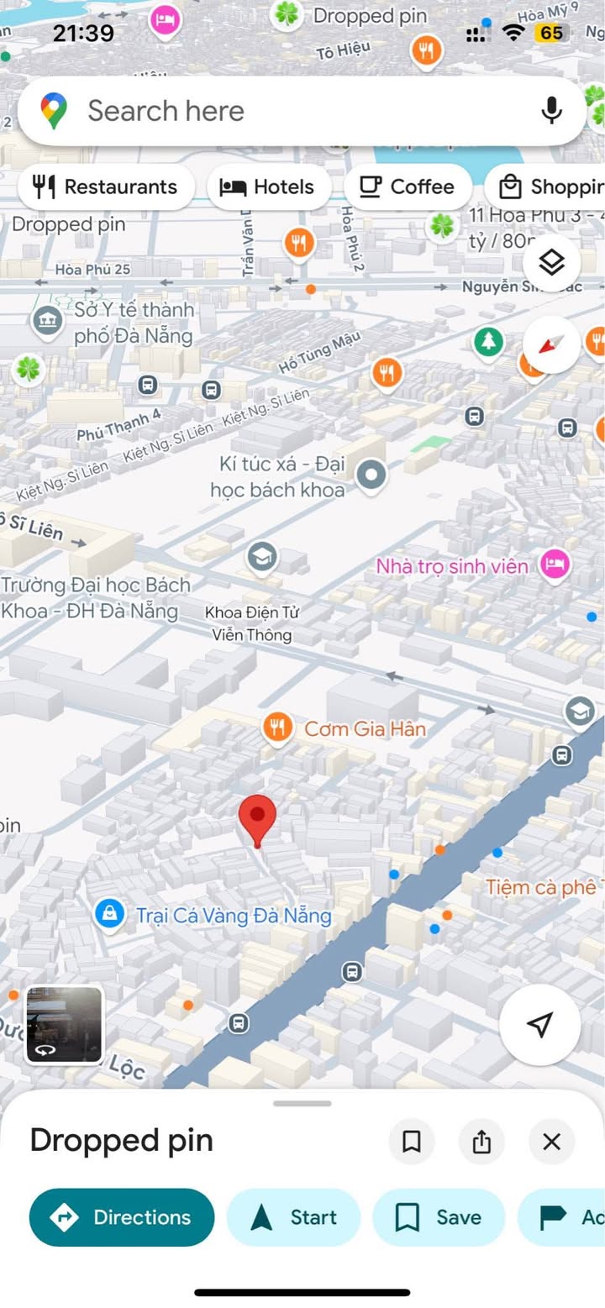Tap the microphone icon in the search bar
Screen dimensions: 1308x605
pyautogui.click(x=551, y=110)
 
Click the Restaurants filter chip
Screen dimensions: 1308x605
pyautogui.click(x=106, y=186)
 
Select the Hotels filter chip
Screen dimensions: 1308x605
pyautogui.click(x=267, y=186)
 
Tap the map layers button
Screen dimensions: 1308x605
pyautogui.click(x=551, y=263)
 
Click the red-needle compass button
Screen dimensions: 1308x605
pyautogui.click(x=551, y=344)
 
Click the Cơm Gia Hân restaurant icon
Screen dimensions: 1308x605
pyautogui.click(x=277, y=728)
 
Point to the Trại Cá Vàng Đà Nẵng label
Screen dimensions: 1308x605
pyautogui.click(x=234, y=915)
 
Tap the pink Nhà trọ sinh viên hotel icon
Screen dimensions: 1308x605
pyautogui.click(x=554, y=565)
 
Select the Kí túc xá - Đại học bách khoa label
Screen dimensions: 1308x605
pyautogui.click(x=277, y=476)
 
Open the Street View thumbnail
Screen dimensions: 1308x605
pyautogui.click(x=64, y=1024)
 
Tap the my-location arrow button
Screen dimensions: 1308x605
pyautogui.click(x=540, y=1024)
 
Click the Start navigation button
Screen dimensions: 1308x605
pyautogui.click(x=294, y=1217)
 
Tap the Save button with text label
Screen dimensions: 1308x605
pyautogui.click(x=439, y=1217)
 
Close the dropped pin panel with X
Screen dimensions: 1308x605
pyautogui.click(x=551, y=1142)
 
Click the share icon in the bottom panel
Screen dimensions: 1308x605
pyautogui.click(x=481, y=1142)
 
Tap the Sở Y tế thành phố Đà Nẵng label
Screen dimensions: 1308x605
pyautogui.click(x=134, y=323)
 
